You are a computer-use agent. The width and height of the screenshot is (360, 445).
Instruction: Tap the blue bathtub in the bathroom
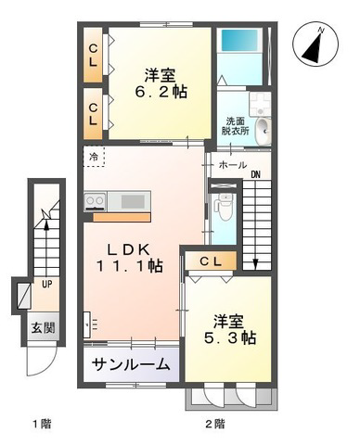pos(239,41)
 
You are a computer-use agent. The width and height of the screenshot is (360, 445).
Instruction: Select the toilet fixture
pos(225,207)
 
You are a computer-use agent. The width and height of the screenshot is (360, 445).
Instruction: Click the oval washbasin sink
pos(263,132)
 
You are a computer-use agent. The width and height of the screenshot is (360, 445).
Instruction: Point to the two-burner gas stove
pos(95,201)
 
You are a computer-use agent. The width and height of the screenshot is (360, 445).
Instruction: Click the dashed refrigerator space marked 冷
pos(94,157)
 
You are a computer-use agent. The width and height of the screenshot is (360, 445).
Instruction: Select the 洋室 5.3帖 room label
pos(229,330)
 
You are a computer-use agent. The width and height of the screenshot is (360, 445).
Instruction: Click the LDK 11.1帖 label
pos(129,258)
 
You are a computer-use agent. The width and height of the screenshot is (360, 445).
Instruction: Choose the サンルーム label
pos(131,365)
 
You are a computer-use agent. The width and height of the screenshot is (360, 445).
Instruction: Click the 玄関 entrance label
pos(43,328)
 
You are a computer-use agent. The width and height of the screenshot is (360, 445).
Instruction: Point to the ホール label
pos(233,165)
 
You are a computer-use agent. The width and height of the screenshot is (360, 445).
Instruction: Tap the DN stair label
pos(255,175)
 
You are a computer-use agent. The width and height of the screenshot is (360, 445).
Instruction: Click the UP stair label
pos(47,284)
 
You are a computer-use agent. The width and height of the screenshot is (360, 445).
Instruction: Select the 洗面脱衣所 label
pos(235,126)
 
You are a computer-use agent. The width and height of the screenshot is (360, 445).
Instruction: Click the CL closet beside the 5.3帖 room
pos(211,261)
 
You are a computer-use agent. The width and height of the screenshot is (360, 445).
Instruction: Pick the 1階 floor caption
pos(42,424)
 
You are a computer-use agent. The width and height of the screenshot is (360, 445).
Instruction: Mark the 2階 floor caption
pos(215,424)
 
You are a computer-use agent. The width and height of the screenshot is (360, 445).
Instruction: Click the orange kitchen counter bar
pos(122,217)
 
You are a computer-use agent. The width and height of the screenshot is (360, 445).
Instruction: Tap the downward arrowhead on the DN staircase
pos(255,263)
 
